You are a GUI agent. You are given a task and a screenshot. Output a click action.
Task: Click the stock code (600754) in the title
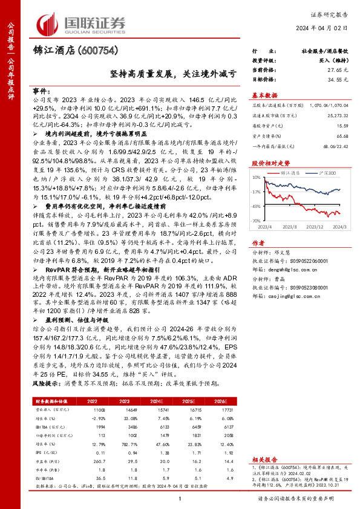pos(95,51)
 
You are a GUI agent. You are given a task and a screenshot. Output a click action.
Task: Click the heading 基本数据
pos(264,95)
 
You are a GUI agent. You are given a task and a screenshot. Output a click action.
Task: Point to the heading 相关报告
pos(264,460)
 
